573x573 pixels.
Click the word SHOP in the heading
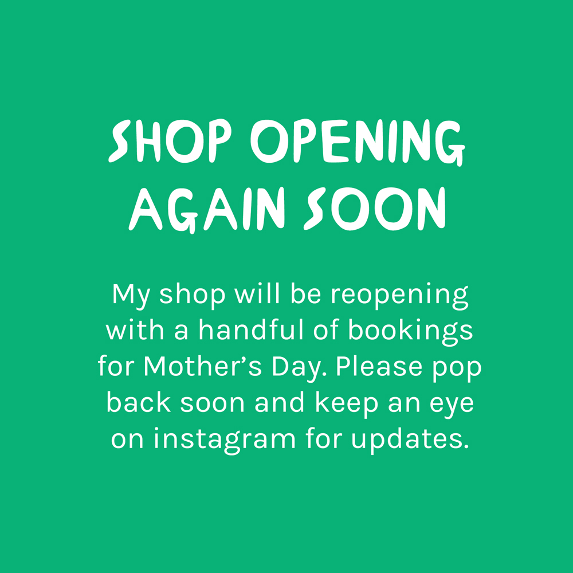(x=170, y=141)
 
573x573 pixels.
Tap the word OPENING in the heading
(x=358, y=142)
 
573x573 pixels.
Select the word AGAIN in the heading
(x=207, y=209)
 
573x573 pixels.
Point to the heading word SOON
(x=375, y=209)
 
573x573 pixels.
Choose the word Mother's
(x=203, y=366)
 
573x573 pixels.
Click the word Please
(x=379, y=366)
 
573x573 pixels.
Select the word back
(x=139, y=402)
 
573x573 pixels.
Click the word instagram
(x=225, y=439)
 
